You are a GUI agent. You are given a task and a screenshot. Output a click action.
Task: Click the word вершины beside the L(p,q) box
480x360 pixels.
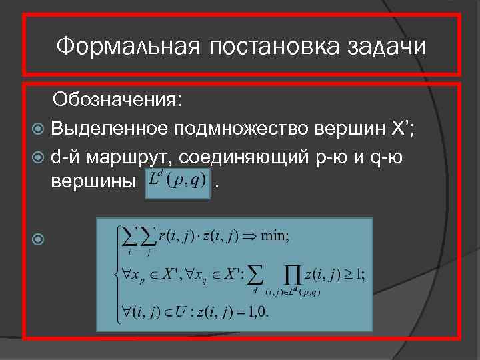pyautogui.click(x=94, y=181)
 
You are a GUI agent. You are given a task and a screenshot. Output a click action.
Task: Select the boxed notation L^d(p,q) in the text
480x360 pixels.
pyautogui.click(x=177, y=179)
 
